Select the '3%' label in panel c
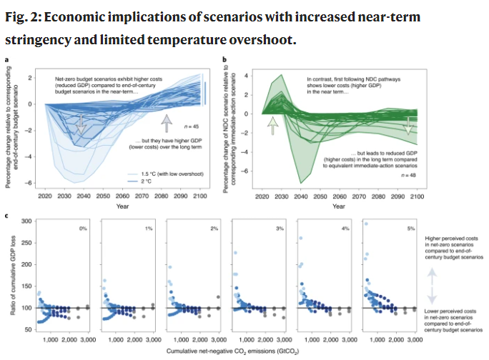click(281, 229)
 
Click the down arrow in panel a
click(81, 124)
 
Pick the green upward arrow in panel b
click(272, 127)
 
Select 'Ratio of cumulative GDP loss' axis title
click(14, 276)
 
